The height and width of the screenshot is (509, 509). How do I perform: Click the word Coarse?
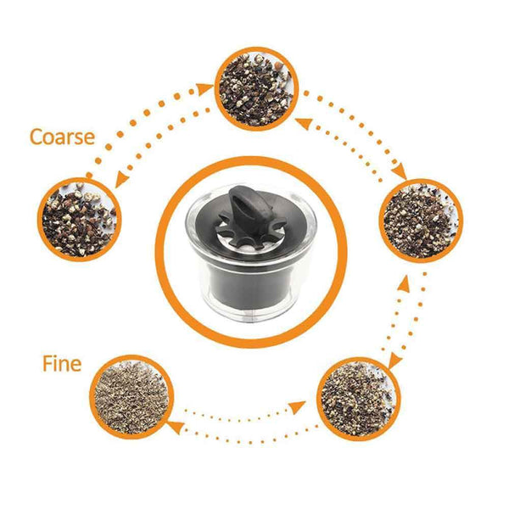tap(61, 137)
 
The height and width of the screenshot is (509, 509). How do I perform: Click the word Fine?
tap(62, 364)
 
